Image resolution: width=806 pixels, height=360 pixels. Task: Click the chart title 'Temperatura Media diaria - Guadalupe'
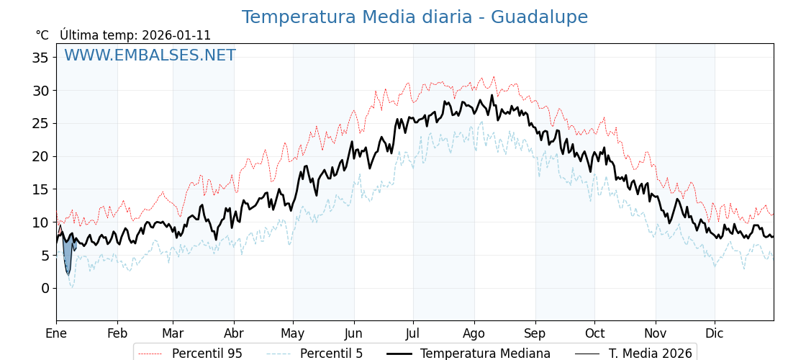pyautogui.click(x=415, y=17)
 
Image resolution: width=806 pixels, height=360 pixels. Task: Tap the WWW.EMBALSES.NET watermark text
pyautogui.click(x=150, y=55)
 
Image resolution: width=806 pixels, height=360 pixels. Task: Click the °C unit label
pyautogui.click(x=42, y=35)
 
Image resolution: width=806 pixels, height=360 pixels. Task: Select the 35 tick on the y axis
pyautogui.click(x=40, y=58)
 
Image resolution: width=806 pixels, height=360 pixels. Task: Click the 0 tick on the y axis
pyautogui.click(x=45, y=288)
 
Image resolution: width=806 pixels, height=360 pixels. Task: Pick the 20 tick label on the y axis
pyautogui.click(x=40, y=156)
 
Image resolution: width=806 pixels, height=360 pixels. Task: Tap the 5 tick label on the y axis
pyautogui.click(x=45, y=255)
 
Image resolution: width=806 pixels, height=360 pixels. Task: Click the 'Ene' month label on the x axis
pyautogui.click(x=56, y=333)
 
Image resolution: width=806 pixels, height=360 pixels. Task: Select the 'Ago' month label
pyautogui.click(x=474, y=333)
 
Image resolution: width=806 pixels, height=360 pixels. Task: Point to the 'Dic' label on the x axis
pyautogui.click(x=715, y=333)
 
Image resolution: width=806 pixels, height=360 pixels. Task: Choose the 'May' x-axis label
pyautogui.click(x=293, y=333)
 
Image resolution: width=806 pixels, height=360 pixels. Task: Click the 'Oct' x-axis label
pyautogui.click(x=594, y=333)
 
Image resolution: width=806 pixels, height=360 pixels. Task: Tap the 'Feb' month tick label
pyautogui.click(x=117, y=333)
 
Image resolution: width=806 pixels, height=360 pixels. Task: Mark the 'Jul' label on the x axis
pyautogui.click(x=413, y=333)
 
